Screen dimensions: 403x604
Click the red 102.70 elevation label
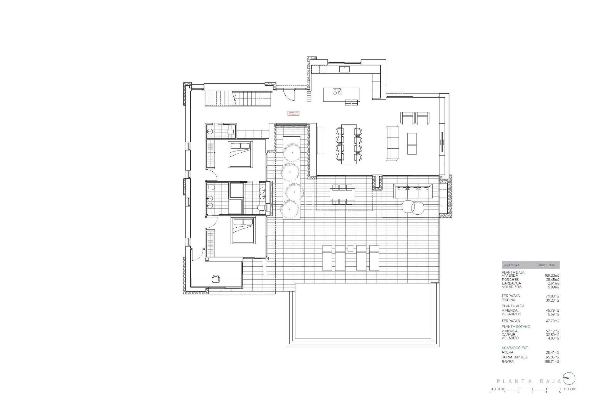click(293, 113)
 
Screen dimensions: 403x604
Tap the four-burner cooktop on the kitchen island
click(337, 92)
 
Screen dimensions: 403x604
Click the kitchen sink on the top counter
click(344, 69)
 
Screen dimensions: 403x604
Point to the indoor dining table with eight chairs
click(349, 144)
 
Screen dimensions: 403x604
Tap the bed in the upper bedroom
click(240, 154)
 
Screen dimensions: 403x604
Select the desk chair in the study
click(216, 279)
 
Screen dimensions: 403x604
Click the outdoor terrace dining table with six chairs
click(342, 195)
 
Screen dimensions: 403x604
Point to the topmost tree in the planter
click(292, 153)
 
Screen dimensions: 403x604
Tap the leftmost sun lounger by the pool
click(327, 258)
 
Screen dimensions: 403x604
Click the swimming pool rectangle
click(363, 315)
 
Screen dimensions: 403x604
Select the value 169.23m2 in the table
click(552, 275)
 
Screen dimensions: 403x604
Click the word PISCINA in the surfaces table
click(508, 300)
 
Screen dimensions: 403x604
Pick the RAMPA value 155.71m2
click(552, 362)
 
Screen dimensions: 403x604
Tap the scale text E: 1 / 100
click(570, 389)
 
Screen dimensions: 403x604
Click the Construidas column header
click(545, 265)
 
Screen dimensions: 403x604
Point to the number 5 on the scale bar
click(560, 392)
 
